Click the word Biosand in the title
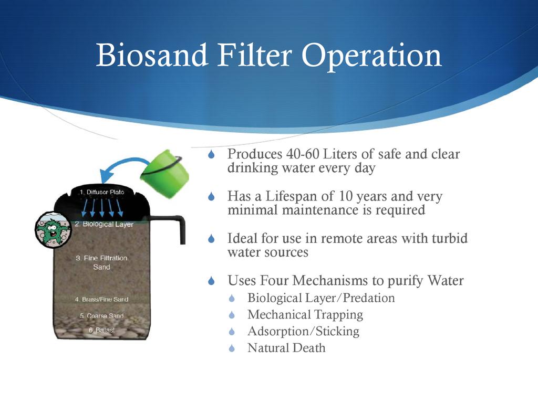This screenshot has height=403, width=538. tap(152, 55)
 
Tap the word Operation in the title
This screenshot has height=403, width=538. tap(371, 57)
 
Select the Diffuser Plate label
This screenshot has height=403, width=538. tap(102, 192)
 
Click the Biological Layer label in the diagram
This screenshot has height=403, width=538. tap(104, 224)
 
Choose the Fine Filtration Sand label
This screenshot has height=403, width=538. tap(101, 262)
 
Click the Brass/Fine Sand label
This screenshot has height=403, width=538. tap(101, 299)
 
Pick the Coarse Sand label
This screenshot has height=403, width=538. tap(101, 315)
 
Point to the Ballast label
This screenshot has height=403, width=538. tap(101, 330)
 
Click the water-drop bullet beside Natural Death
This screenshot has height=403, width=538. tap(232, 348)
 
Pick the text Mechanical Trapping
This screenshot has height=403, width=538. tap(305, 315)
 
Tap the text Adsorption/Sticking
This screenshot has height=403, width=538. tap(303, 332)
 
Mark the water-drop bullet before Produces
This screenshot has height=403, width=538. tap(211, 154)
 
